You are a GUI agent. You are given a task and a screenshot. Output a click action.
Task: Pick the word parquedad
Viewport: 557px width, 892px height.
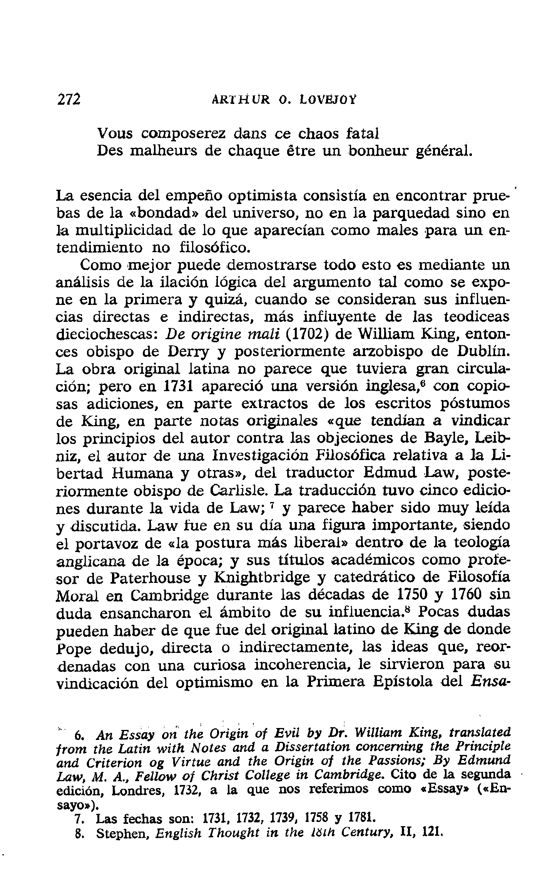click(x=411, y=212)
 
